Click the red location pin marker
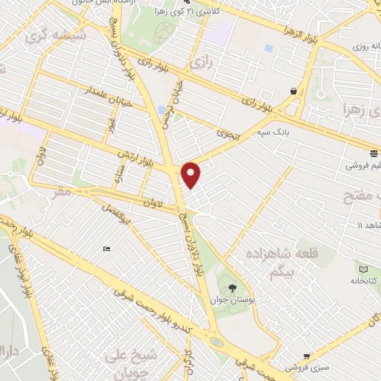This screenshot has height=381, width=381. (x=191, y=175)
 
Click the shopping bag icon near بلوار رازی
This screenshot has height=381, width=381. (x=294, y=91)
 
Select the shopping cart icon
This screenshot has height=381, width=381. (x=305, y=356)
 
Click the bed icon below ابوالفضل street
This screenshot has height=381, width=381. (x=107, y=249)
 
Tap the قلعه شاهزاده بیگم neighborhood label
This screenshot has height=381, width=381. (x=276, y=261)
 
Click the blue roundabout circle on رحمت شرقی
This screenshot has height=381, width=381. (x=216, y=342)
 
